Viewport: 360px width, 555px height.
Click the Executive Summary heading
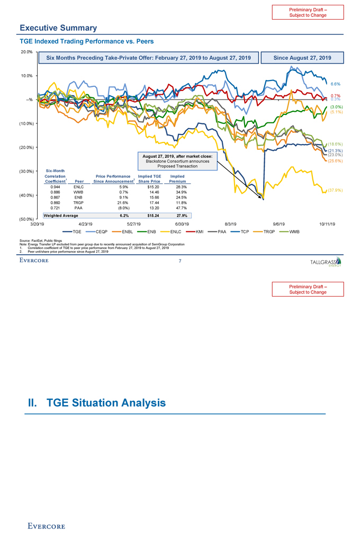pos(58,28)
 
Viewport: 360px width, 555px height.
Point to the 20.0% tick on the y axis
pos(27,51)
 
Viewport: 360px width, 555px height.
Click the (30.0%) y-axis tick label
pos(26,171)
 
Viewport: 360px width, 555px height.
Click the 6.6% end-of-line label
pos(335,84)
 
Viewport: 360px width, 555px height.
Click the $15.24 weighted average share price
pos(145,216)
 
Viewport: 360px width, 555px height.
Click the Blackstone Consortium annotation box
pos(177,160)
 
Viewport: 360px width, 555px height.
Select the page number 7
pos(180,261)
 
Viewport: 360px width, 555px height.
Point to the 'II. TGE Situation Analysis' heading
pos(97,403)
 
